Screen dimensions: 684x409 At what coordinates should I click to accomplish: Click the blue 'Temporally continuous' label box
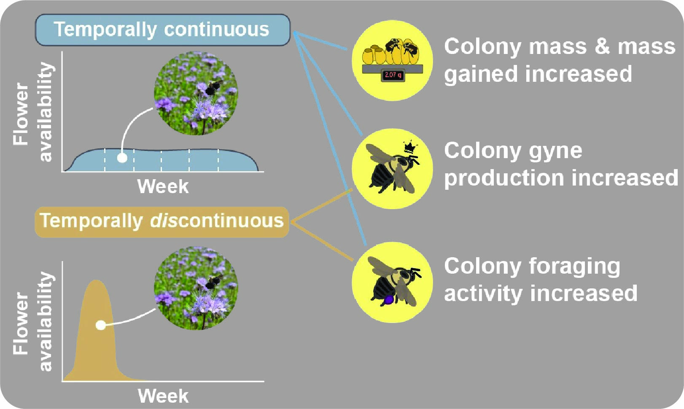click(x=163, y=30)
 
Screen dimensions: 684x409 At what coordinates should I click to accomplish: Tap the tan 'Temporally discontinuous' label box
click(x=162, y=222)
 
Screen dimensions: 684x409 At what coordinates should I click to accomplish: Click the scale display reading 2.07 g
click(x=393, y=75)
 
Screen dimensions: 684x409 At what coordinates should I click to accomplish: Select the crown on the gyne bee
click(x=410, y=147)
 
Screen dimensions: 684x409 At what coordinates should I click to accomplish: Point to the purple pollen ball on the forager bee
click(x=388, y=299)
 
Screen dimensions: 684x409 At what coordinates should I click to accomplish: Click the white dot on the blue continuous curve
click(x=122, y=158)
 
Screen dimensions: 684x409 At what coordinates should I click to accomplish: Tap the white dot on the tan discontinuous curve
click(x=101, y=326)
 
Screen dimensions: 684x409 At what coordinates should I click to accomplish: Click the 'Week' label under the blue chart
click(x=163, y=186)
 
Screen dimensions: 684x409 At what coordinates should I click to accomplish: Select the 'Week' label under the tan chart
click(x=163, y=396)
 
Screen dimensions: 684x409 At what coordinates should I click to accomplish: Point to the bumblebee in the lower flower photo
click(x=214, y=282)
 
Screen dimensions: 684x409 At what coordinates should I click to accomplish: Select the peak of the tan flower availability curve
click(x=96, y=280)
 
